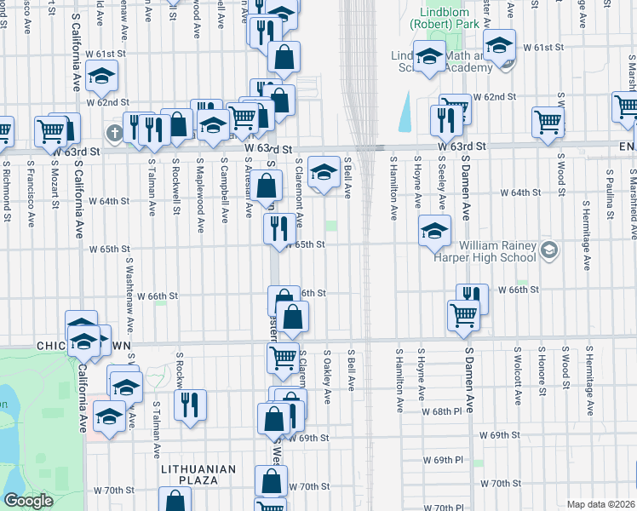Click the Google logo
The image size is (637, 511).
[x=28, y=501]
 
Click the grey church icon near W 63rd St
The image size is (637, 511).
[x=113, y=133]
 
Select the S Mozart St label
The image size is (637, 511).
[x=54, y=181]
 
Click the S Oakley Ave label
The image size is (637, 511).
[x=327, y=376]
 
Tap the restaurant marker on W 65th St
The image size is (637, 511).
[x=278, y=228]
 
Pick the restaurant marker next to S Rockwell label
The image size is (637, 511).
[x=190, y=403]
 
